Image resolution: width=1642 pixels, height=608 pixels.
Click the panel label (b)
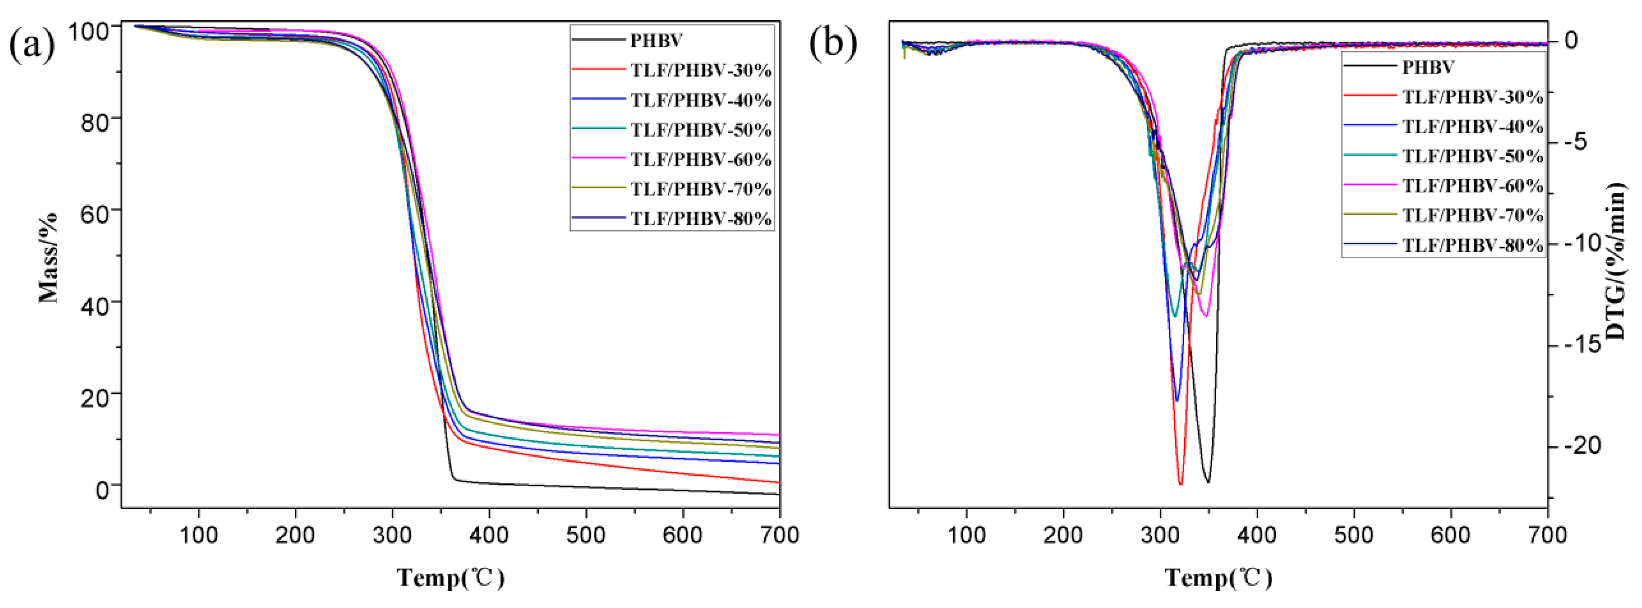[832, 43]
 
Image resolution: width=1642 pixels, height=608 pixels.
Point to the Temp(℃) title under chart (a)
[451, 578]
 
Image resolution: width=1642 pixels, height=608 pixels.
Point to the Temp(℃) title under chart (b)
[1219, 578]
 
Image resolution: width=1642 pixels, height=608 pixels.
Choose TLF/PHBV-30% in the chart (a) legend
[701, 70]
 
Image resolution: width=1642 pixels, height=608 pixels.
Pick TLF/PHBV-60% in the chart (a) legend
[701, 159]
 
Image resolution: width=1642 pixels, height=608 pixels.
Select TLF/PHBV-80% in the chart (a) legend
[701, 218]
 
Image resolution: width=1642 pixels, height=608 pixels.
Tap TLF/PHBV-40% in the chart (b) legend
[1472, 126]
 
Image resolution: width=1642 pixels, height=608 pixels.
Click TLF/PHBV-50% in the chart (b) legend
[1472, 156]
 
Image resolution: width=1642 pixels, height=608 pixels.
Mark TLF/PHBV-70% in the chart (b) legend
[1472, 216]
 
